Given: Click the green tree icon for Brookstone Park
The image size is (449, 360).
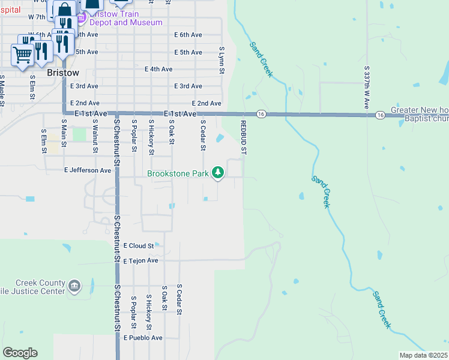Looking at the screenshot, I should point(218,173).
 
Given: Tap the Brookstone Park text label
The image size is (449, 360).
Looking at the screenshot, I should point(179,174).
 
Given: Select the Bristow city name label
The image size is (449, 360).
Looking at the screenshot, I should point(62,73).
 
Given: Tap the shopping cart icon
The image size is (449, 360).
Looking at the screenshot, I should point(22,56).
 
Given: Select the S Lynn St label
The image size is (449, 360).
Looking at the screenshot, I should point(221,61).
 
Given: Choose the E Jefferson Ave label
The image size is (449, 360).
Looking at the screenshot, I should point(88,170).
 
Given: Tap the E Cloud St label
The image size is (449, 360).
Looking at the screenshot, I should point(139,246).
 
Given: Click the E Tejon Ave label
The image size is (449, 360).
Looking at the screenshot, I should point(140,261).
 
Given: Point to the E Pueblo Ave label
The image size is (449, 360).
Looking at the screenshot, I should point(143,338).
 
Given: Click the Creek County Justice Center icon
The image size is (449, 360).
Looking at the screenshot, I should point(74,284).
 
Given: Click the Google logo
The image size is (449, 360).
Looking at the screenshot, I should point(20,353).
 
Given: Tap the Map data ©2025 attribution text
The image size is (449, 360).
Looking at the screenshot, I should point(423,355).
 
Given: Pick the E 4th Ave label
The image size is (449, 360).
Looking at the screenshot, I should point(158,69).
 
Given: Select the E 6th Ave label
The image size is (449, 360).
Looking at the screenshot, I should point(188,35).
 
